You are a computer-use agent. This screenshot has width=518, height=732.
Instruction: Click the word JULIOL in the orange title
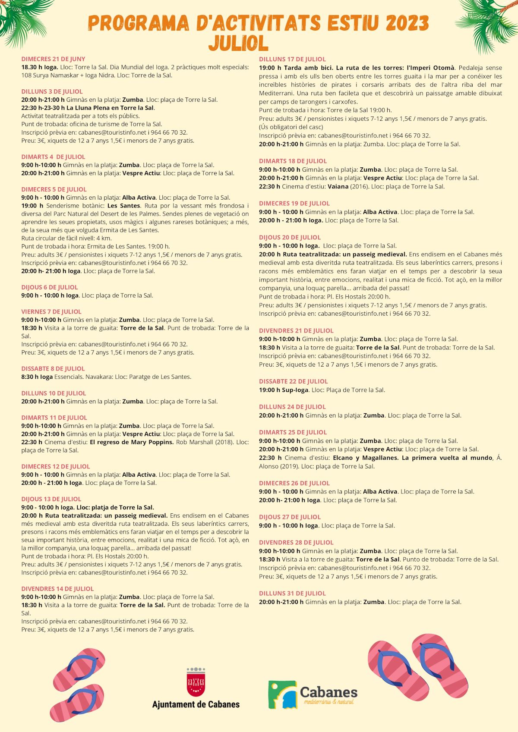238,43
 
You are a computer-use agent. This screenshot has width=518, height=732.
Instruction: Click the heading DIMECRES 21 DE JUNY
54,59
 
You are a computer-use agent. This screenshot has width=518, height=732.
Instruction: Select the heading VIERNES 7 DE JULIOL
51,311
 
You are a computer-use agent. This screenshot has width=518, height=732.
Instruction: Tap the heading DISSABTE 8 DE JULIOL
53,369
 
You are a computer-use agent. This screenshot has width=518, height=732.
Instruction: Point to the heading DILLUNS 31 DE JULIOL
292,593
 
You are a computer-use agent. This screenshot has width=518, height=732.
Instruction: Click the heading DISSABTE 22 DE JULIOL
294,381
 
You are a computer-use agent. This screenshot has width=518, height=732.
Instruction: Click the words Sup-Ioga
295,390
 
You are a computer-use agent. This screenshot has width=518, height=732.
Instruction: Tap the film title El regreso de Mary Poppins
132,442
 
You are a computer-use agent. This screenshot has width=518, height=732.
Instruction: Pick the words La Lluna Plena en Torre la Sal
111,108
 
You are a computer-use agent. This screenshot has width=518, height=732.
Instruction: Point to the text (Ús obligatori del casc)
291,127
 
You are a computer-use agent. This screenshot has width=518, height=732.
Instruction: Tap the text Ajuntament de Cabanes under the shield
196,704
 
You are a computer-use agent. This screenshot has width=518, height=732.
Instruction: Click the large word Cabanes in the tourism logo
328,692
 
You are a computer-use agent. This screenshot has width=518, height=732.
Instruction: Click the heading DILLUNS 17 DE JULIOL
292,59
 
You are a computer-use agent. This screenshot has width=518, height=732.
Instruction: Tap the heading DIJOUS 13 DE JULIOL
51,499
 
